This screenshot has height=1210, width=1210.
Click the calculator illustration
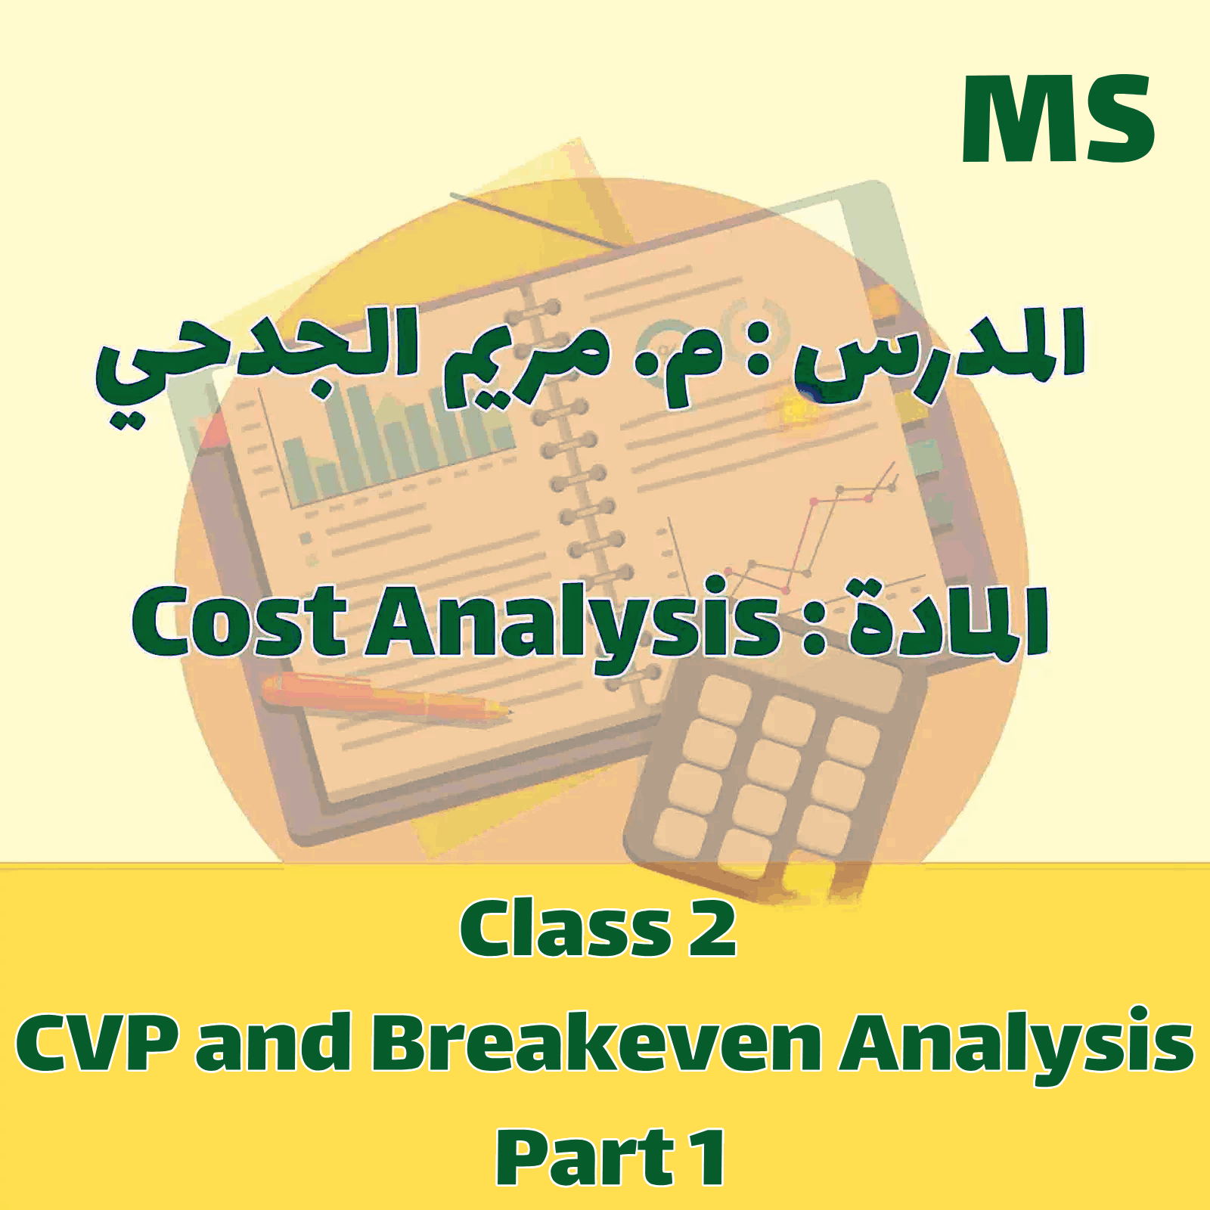[x=771, y=771]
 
